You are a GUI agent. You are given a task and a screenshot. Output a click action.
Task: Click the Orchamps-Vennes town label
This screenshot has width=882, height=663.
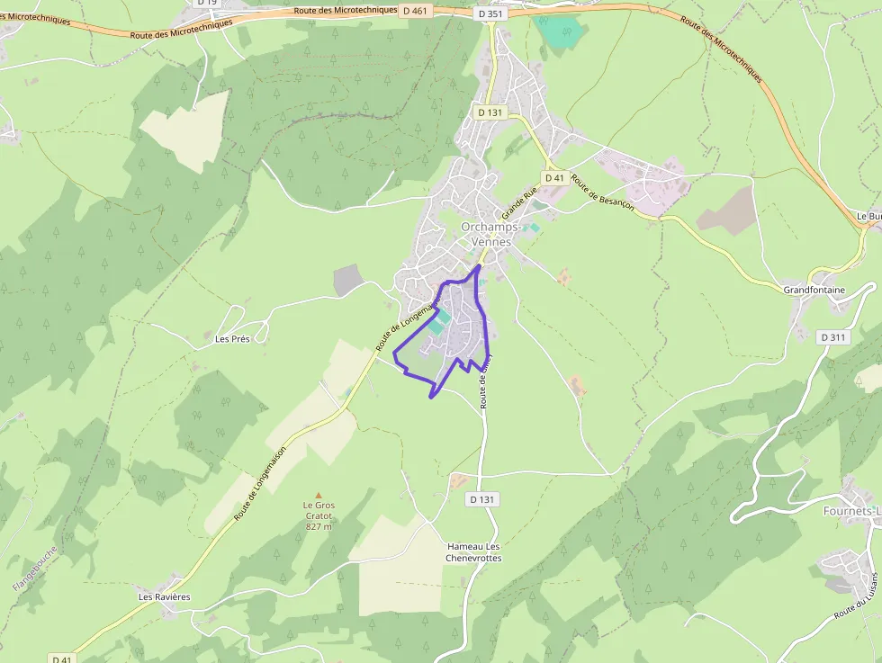coord(486,234)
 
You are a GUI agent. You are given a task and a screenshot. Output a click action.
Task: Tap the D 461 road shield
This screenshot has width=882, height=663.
coord(416,10)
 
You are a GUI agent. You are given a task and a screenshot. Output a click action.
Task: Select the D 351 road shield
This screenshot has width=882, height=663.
coord(490,13)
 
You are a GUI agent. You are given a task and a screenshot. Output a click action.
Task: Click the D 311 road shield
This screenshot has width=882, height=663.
coord(834,337)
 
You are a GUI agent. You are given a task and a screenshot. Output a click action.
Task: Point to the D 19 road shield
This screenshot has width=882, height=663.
coord(207,3)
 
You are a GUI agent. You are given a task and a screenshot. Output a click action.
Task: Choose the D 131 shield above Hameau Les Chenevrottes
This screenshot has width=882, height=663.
coord(483,499)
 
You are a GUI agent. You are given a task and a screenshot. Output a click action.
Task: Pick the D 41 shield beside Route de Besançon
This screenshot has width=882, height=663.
coord(554,178)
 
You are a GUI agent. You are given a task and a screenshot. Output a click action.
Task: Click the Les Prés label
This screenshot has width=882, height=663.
coord(232,339)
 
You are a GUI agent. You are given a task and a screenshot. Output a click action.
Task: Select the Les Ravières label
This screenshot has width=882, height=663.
coord(164,596)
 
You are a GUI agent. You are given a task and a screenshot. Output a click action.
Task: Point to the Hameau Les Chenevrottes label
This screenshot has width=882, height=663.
coord(473,552)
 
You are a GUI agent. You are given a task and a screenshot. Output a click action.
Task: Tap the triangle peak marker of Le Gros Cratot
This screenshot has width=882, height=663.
coord(318,495)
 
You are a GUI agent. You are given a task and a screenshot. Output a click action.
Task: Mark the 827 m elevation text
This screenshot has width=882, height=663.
coord(319,526)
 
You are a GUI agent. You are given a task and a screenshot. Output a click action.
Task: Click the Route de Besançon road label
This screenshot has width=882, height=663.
coord(602,192)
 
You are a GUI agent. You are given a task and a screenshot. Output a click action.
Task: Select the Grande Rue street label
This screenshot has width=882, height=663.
coord(519,203)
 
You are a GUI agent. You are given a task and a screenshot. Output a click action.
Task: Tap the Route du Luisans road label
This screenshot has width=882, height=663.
coord(858,596)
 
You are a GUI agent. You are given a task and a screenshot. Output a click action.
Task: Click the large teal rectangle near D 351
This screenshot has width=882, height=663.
coord(560,31)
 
